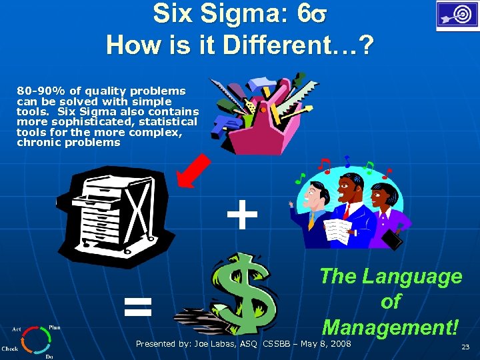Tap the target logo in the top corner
[457, 15]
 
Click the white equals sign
[138, 307]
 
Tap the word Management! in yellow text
[390, 327]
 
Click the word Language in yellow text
[413, 276]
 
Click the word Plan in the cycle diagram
[55, 328]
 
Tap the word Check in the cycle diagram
[10, 349]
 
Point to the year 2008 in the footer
[339, 343]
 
